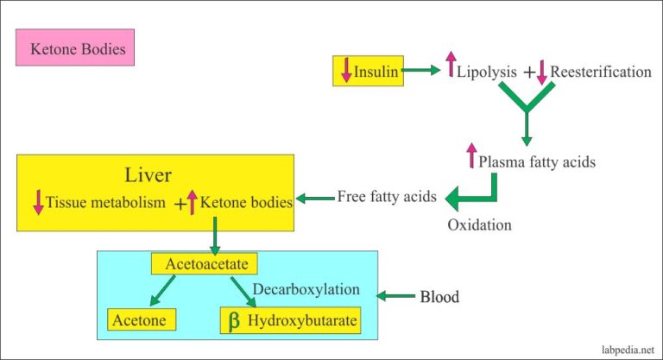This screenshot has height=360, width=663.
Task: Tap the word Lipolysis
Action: coord(484,72)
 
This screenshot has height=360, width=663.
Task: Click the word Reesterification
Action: coord(601,72)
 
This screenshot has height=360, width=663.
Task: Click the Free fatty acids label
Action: coord(386,195)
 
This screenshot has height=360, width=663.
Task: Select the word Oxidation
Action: coord(479,225)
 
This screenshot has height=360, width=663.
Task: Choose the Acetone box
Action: coord(142,320)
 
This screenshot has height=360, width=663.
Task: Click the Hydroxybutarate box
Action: coord(289,320)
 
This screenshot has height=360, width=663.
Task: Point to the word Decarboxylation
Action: coord(306,289)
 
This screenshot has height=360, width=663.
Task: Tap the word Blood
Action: coord(439,297)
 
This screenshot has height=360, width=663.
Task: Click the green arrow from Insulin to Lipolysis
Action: coord(422,72)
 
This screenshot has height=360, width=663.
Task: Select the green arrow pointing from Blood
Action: coord(397,297)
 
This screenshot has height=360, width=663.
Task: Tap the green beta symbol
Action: coord(233,321)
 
